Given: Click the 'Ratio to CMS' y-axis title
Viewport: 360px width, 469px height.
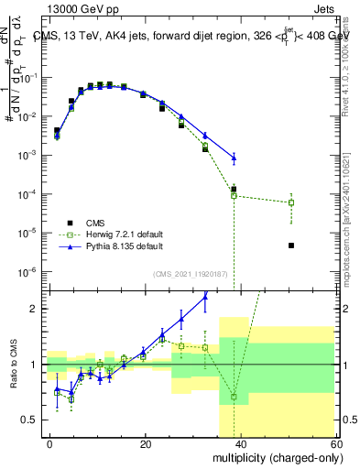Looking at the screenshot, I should pyautogui.click(x=13, y=365).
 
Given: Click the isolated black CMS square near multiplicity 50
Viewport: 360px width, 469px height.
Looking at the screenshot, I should pyautogui.click(x=290, y=245).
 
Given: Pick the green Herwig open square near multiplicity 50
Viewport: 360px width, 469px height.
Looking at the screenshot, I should pyautogui.click(x=290, y=202).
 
